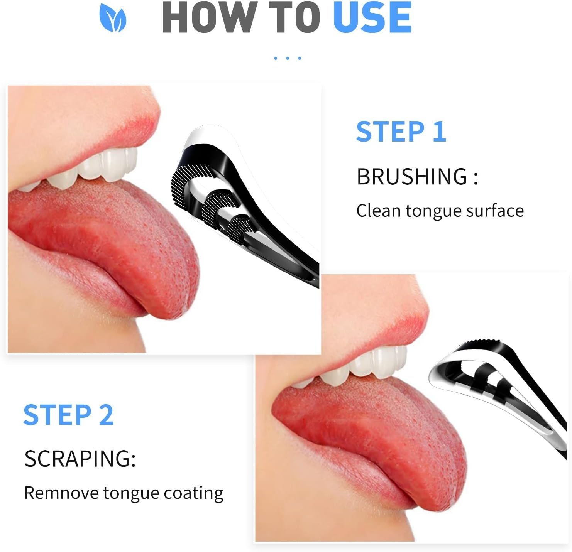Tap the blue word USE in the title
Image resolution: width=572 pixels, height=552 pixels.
tap(372, 18)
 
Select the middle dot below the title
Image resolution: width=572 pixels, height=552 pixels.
tap(287, 58)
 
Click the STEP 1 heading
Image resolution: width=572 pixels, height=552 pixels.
tap(401, 132)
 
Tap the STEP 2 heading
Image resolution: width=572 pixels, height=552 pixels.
tap(68, 415)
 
